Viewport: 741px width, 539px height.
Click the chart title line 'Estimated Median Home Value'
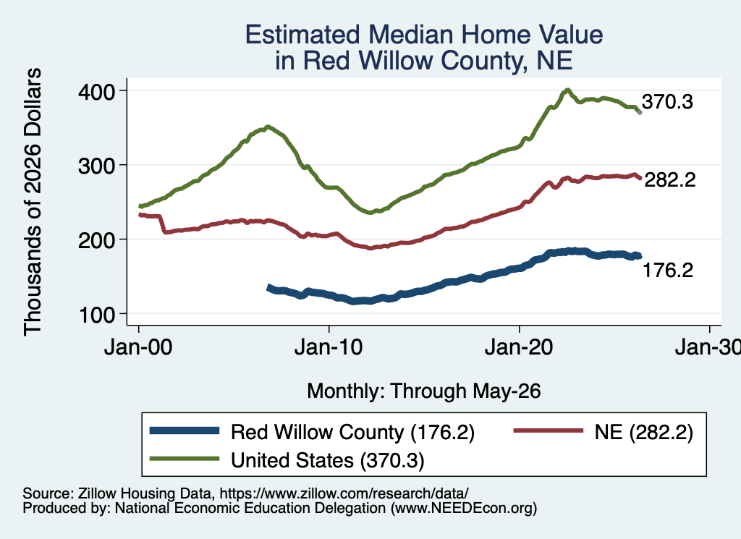424,35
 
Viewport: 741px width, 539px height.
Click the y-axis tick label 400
97,91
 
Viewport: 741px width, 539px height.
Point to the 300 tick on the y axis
97,166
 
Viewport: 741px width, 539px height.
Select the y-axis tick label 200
97,240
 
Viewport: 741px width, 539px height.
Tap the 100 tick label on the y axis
97,315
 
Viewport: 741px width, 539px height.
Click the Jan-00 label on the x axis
138,348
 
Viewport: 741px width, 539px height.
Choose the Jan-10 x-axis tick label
329,348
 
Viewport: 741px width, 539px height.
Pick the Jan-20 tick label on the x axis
519,348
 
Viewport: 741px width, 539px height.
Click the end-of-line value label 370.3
667,101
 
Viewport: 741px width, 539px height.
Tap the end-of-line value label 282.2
670,179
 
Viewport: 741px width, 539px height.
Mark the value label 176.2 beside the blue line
668,270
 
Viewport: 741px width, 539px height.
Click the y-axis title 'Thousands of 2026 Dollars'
33,202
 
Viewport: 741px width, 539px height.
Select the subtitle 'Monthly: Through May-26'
424,391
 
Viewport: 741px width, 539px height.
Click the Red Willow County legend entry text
352,432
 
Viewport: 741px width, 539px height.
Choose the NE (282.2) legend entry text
643,432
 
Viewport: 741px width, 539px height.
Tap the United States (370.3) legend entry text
328,460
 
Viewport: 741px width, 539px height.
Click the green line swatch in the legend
185,459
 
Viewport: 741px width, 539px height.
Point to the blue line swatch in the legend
185,430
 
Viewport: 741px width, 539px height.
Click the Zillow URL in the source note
344,493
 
